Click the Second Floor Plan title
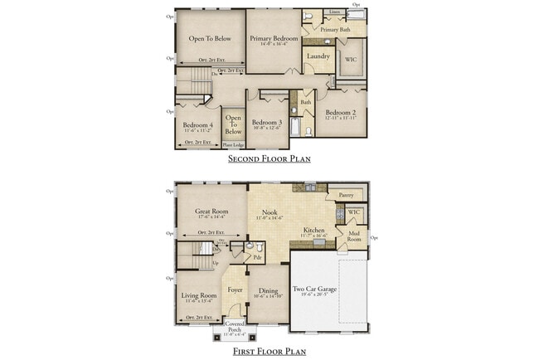(269, 158)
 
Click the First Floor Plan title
(269, 352)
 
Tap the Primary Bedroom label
(274, 38)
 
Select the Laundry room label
(318, 56)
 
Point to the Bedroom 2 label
(341, 113)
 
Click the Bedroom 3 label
(269, 122)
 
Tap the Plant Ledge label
(233, 144)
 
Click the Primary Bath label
(335, 30)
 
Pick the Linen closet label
(334, 12)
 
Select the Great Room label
(211, 212)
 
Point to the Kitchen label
(313, 230)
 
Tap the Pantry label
(346, 196)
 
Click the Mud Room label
(354, 236)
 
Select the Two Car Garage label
(315, 290)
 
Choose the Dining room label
(268, 290)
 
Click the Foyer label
(235, 290)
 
